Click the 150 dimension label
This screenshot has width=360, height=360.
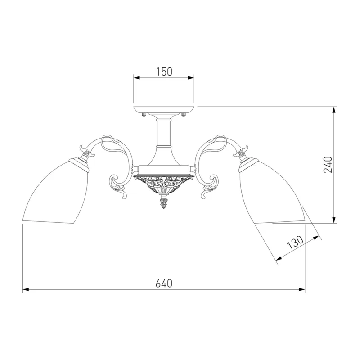164,72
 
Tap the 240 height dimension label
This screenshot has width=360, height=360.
328,165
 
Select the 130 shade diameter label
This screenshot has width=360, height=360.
296,243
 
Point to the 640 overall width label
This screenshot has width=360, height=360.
164,283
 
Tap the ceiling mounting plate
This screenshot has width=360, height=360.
164,110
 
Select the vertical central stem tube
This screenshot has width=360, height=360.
164,133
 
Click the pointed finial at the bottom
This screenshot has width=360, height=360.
164,202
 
